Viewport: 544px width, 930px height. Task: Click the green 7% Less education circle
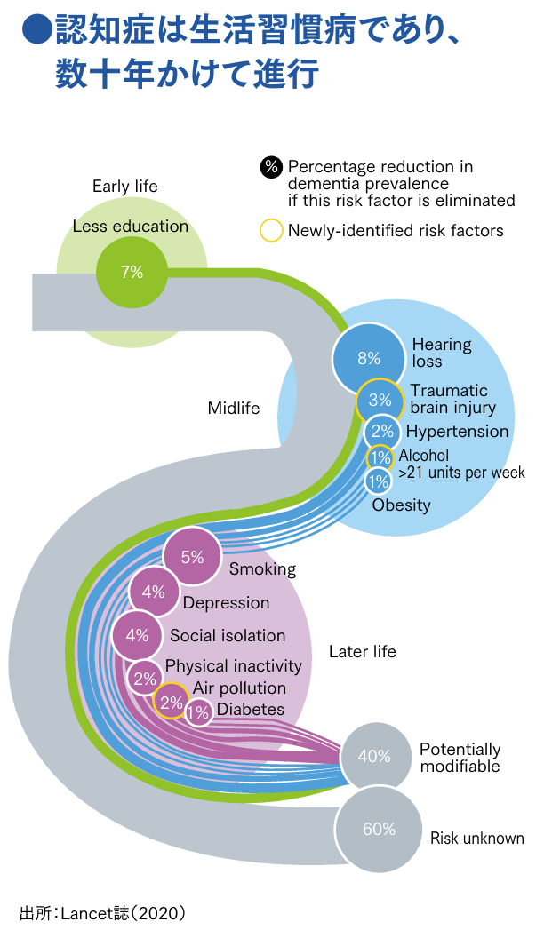(132, 273)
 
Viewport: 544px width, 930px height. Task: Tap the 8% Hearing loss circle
(368, 359)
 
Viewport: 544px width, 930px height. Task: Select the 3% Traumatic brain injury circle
(380, 401)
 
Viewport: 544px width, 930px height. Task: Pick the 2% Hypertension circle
(382, 432)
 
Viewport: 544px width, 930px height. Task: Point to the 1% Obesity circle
(379, 481)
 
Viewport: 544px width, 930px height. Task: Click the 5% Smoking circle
(192, 558)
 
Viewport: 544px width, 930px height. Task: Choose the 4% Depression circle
(153, 592)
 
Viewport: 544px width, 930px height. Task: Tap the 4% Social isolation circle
(137, 635)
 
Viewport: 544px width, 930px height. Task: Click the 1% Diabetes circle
(198, 711)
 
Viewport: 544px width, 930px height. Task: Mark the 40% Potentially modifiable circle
(374, 757)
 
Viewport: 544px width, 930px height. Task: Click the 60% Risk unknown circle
(379, 830)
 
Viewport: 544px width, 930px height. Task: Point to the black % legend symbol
(271, 167)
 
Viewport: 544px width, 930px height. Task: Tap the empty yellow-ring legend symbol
(271, 231)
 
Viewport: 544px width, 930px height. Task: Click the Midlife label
(234, 409)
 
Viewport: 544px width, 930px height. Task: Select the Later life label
(362, 652)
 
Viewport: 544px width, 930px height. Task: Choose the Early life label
(124, 187)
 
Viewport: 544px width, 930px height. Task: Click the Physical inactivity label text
(234, 665)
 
